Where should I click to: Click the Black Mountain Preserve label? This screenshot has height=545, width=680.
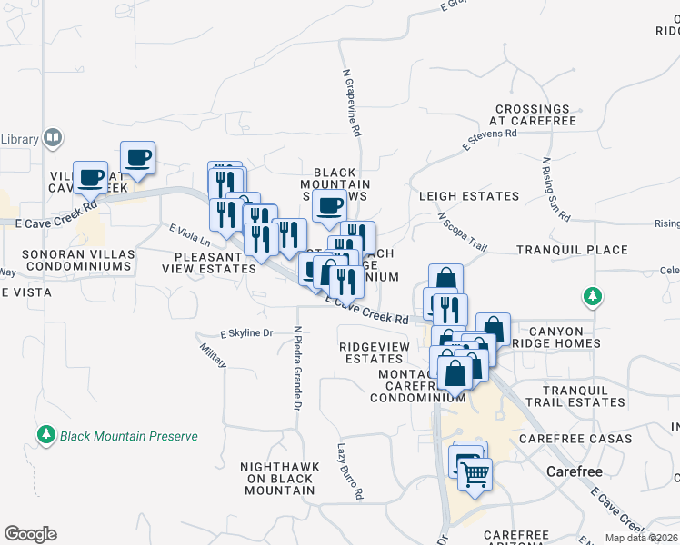pos(128,436)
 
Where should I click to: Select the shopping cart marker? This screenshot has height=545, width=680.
pos(475,473)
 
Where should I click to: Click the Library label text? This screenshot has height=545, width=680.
pos(18,139)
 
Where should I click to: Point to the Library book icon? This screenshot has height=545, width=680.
pos(54,138)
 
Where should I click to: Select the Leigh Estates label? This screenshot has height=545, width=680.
pos(469,196)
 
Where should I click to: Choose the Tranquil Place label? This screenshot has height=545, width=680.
pos(572,250)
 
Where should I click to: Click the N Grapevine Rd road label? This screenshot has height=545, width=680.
pos(352,103)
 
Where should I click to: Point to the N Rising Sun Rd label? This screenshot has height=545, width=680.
pos(555,191)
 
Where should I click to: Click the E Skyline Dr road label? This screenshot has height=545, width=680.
pos(246,333)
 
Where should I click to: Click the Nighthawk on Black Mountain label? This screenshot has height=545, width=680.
pos(280,479)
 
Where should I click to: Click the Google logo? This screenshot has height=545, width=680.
pos(30,534)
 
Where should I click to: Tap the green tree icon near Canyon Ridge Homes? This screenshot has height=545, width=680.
pos(592,296)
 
